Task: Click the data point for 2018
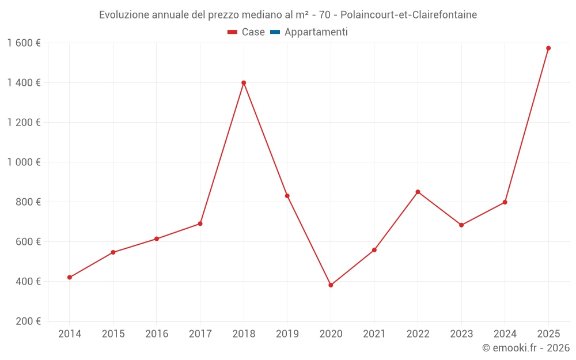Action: click(x=244, y=83)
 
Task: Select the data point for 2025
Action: click(x=548, y=48)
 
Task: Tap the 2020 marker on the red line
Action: click(x=331, y=285)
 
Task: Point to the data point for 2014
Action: click(x=70, y=278)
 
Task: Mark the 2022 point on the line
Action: click(x=418, y=192)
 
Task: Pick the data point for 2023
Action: click(x=461, y=225)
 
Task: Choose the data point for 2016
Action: click(x=157, y=239)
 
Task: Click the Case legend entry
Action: click(x=247, y=32)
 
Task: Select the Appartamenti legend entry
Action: click(x=309, y=32)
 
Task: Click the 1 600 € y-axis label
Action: click(x=24, y=43)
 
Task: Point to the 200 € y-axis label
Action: click(x=28, y=321)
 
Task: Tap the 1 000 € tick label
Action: click(x=24, y=162)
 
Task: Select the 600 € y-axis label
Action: click(x=28, y=242)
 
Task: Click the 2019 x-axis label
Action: click(x=287, y=334)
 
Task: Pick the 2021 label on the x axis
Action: click(x=374, y=334)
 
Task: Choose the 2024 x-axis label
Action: click(x=505, y=334)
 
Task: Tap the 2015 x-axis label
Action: click(x=113, y=334)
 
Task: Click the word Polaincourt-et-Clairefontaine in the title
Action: click(x=408, y=15)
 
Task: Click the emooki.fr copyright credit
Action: click(x=526, y=348)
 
